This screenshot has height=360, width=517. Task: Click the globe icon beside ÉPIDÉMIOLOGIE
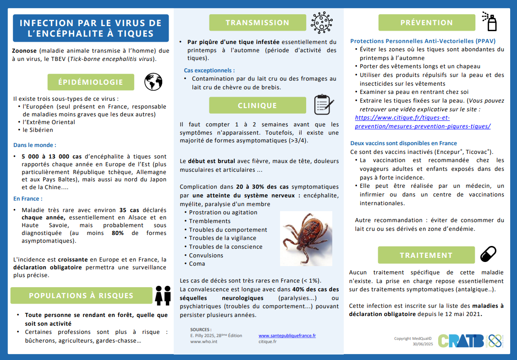coord(153,82)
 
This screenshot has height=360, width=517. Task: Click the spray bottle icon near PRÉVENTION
coord(489,21)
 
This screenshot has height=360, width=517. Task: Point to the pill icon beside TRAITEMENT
coord(488,254)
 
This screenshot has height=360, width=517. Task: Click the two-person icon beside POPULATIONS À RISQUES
coord(163,295)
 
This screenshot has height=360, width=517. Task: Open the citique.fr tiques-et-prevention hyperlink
coord(423,122)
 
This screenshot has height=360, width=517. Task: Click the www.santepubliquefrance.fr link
coord(287,336)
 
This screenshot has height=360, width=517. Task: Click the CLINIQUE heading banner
coord(257,105)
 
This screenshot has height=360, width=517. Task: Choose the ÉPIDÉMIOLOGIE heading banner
coord(91,82)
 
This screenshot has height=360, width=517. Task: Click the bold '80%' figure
coord(117,233)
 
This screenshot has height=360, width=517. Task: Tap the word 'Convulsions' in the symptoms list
coord(206,255)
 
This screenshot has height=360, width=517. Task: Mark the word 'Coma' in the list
coord(197,263)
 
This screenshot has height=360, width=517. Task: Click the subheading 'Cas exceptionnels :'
coord(209,71)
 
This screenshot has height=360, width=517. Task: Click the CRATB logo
coord(461,340)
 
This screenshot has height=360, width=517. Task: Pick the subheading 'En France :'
coord(28,199)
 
